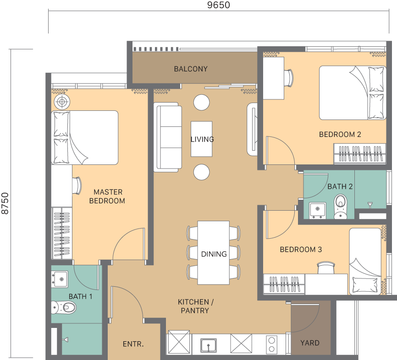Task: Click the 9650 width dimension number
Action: point(219,5)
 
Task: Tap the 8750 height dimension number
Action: point(5,203)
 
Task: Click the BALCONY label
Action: point(191,69)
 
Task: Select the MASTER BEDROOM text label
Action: point(107,196)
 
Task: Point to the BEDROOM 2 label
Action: point(340,134)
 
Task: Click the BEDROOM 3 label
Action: point(301,250)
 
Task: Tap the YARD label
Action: point(310,343)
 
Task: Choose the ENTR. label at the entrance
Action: point(133,344)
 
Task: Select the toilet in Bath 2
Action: point(341,206)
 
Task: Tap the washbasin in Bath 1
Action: point(60,279)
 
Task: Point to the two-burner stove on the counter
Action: point(272,344)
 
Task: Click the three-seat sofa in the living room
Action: point(168,137)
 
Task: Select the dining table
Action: point(214,253)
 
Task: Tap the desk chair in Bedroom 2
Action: point(289,78)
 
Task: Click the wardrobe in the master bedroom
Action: point(62,233)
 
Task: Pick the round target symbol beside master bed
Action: point(62,102)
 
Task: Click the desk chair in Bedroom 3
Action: point(326,267)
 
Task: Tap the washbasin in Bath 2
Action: point(318,210)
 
